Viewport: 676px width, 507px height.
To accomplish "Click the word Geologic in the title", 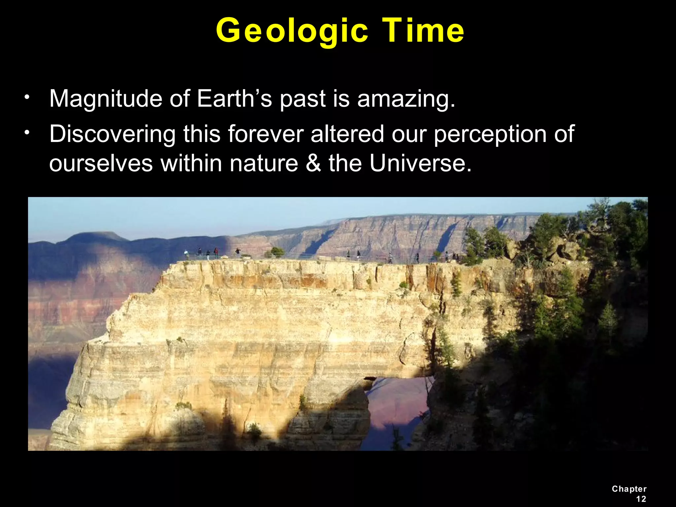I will coord(292,31).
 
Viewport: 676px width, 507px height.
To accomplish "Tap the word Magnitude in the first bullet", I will coord(106,99).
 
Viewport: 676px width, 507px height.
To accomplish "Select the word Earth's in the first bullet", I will coord(234,99).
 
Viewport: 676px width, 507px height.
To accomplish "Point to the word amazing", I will coord(406,99).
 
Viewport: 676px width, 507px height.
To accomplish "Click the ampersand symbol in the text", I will coord(313,163).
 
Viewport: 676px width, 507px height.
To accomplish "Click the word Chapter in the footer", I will coord(629,489).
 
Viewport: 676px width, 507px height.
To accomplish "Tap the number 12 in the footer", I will coord(641,499).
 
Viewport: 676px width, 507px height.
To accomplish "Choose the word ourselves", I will coord(101,163).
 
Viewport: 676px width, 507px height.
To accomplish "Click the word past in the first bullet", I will coord(302,99).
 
